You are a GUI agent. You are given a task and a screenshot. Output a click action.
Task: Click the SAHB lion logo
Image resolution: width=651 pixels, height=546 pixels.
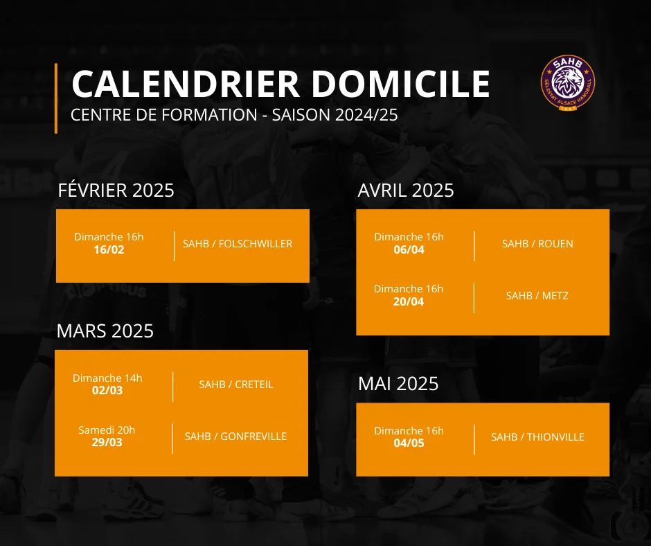tap(568, 82)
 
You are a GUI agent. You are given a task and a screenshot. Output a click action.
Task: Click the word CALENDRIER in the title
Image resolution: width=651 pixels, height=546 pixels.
tap(186, 84)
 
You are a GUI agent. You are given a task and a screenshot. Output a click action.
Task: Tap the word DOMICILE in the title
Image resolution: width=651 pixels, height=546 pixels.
tap(401, 84)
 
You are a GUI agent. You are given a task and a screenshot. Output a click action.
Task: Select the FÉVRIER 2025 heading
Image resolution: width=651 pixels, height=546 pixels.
tap(116, 191)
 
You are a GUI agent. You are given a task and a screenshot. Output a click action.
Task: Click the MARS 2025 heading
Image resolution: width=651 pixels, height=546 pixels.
tap(105, 331)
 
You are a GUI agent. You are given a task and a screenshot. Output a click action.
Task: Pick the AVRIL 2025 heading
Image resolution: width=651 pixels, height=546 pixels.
tap(406, 191)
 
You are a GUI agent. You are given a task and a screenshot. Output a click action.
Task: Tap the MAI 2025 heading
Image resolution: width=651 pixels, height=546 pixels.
tap(398, 384)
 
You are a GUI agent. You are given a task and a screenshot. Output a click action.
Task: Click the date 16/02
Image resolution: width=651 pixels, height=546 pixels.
tap(109, 249)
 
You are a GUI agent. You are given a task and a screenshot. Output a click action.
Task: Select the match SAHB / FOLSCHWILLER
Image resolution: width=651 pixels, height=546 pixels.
tap(238, 243)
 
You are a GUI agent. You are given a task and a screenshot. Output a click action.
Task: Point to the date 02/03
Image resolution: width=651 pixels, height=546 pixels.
tap(107, 391)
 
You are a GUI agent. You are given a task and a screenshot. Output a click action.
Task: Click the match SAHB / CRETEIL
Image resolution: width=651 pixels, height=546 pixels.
tap(236, 385)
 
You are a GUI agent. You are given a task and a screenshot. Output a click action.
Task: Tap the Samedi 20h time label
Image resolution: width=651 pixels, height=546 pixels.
tap(107, 430)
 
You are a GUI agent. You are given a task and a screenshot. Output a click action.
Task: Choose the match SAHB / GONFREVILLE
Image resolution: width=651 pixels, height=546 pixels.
tap(235, 437)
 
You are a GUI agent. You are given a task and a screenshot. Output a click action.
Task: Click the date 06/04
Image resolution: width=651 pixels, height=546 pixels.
tap(409, 249)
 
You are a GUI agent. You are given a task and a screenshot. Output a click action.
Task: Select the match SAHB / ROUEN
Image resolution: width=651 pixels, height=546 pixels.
tap(537, 243)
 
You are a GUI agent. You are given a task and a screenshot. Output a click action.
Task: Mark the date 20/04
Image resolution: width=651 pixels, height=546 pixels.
tap(409, 301)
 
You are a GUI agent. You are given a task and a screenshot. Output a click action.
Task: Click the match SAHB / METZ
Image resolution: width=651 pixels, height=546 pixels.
tap(537, 295)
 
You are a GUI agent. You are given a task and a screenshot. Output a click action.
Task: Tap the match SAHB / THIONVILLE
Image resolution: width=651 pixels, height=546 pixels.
tap(537, 437)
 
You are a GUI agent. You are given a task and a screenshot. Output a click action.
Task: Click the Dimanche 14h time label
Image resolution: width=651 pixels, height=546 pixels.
tap(107, 378)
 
